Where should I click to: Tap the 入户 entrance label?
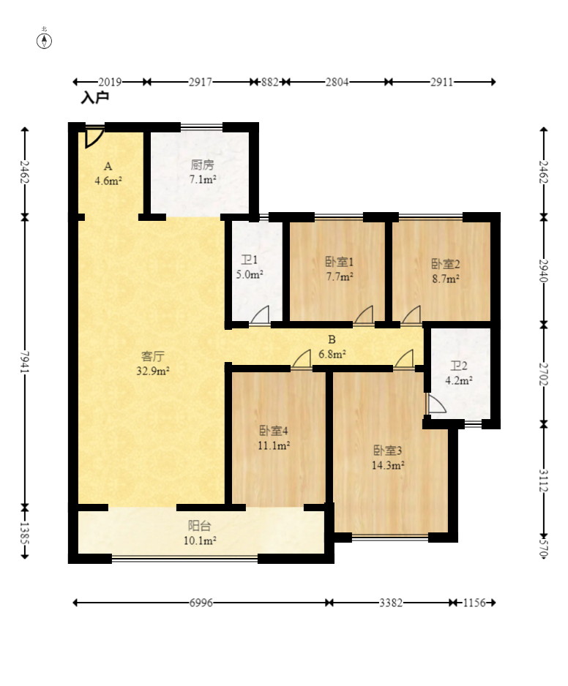click(94, 97)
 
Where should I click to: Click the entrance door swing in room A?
click(94, 137)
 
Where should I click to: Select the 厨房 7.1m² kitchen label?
click(202, 172)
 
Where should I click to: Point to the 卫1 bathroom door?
click(259, 315)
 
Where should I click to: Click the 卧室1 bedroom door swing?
click(364, 314)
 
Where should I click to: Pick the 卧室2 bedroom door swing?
click(411, 315)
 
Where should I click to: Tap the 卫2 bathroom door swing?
click(436, 404)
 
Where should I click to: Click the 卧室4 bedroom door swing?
click(302, 359)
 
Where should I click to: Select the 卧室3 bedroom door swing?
click(404, 359)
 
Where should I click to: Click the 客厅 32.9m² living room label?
click(152, 363)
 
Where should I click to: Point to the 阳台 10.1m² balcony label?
click(200, 533)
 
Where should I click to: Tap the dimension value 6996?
click(201, 603)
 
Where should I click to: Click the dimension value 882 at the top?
click(270, 82)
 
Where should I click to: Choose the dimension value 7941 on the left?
click(25, 361)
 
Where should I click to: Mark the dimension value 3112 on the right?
click(543, 480)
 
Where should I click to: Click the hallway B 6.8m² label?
click(332, 347)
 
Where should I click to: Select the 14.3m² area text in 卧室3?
click(388, 465)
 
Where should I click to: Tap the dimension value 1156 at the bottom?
click(475, 603)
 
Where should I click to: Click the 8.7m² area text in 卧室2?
click(446, 279)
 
